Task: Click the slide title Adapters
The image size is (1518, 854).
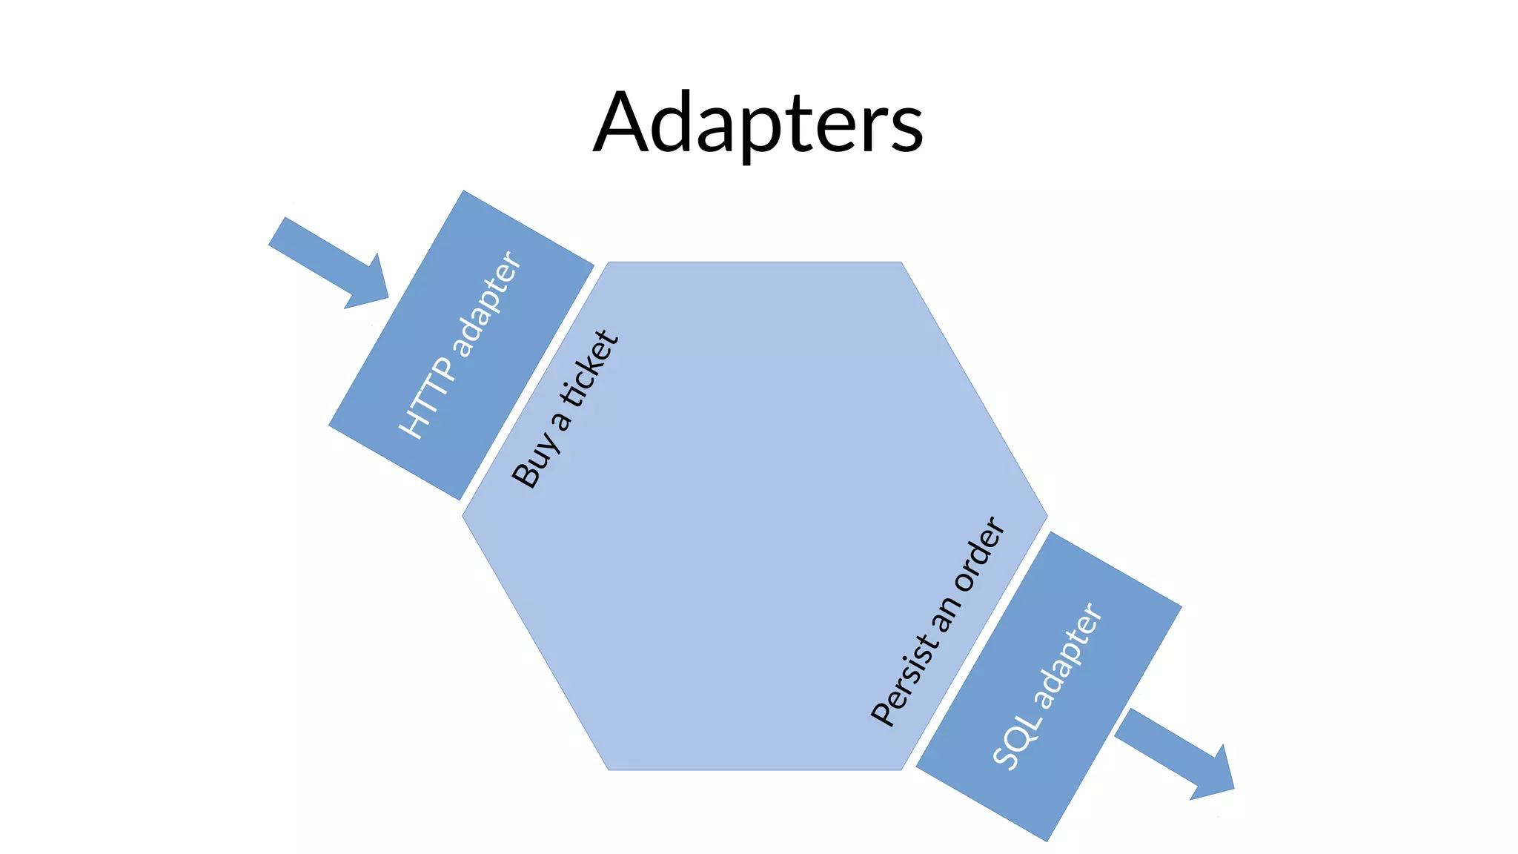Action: coord(758,122)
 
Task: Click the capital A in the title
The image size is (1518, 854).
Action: coord(624,122)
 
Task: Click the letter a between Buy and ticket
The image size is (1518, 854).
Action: coord(563,420)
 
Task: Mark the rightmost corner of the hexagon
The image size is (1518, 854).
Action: coord(1047,515)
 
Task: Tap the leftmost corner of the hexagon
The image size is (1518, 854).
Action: coord(463,516)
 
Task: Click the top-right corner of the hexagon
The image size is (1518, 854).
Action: coord(901,262)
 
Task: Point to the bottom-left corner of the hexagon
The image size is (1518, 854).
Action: coord(609,769)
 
